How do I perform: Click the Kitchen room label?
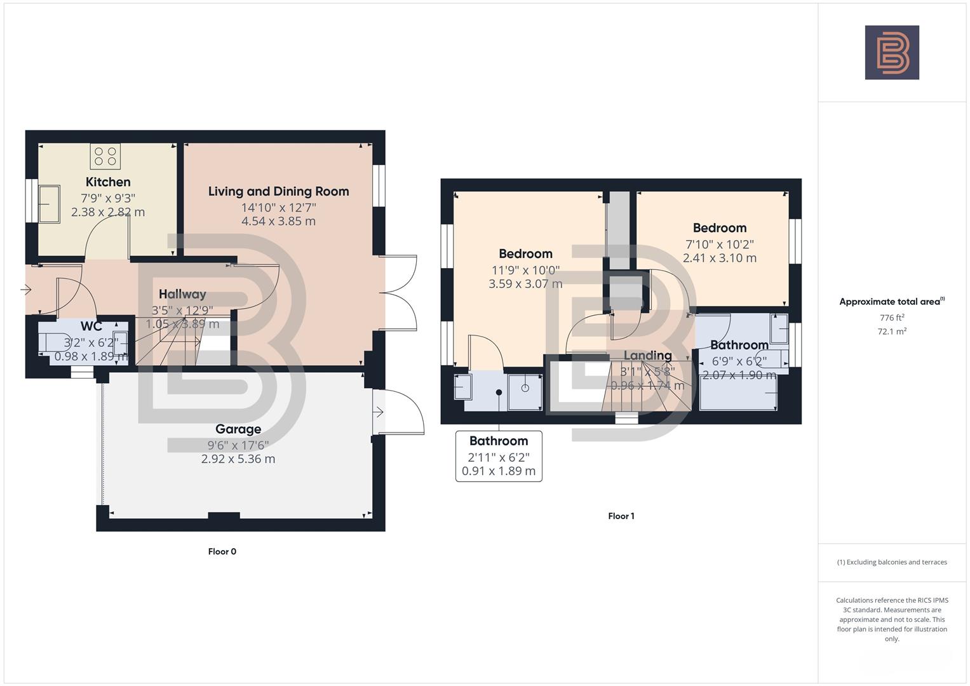point(108,182)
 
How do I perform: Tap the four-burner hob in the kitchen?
point(105,156)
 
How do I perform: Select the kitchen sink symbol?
point(49,203)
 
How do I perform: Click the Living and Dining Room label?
point(278,191)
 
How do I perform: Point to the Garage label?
point(238,429)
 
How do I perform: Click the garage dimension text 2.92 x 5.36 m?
point(238,459)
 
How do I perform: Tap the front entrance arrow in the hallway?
point(26,290)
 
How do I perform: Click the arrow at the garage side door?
point(378,413)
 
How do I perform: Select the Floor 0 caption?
point(222,551)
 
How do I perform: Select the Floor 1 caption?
point(621,516)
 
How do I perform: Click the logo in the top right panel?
point(891,53)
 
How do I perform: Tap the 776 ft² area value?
point(891,318)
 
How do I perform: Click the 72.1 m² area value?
point(891,331)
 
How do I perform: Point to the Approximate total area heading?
point(891,302)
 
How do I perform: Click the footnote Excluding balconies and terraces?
point(891,562)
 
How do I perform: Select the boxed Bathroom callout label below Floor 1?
point(499,441)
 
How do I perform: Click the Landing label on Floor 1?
point(647,356)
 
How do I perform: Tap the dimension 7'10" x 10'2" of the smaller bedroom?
point(719,245)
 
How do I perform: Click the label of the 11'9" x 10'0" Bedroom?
point(525,254)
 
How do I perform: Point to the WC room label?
point(91,326)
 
